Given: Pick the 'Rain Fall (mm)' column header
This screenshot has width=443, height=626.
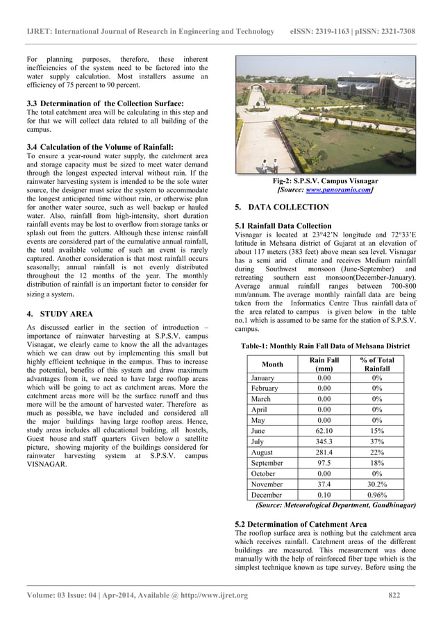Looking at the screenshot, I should click(x=324, y=364).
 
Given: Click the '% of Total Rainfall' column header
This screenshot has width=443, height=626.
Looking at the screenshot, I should click(x=377, y=364).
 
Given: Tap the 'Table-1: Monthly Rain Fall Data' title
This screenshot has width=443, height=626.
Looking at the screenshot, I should click(x=325, y=345).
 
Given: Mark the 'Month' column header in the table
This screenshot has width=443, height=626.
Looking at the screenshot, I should click(x=272, y=364).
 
